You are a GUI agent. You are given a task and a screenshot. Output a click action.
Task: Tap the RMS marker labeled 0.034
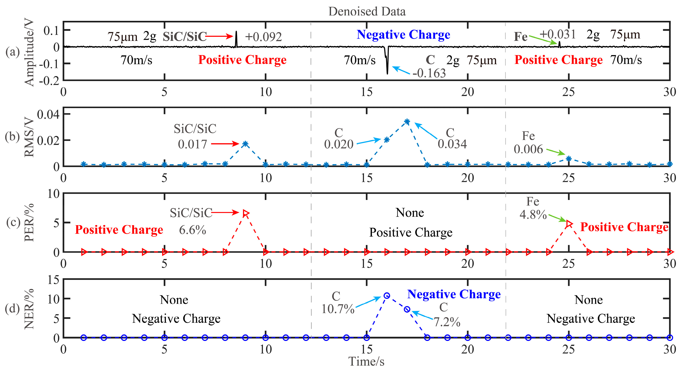click(407, 122)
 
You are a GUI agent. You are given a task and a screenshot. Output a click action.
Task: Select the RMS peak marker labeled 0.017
click(246, 144)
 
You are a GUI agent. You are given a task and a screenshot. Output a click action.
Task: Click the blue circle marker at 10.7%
click(387, 296)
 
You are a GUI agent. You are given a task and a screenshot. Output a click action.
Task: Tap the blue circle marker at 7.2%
click(407, 309)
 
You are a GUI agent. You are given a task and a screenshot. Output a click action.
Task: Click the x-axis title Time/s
click(366, 361)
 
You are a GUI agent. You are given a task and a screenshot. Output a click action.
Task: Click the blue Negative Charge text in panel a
click(403, 35)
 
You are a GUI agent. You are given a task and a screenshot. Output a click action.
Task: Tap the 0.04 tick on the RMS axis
click(48, 114)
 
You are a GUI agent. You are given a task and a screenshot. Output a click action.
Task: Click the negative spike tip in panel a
click(387, 73)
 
